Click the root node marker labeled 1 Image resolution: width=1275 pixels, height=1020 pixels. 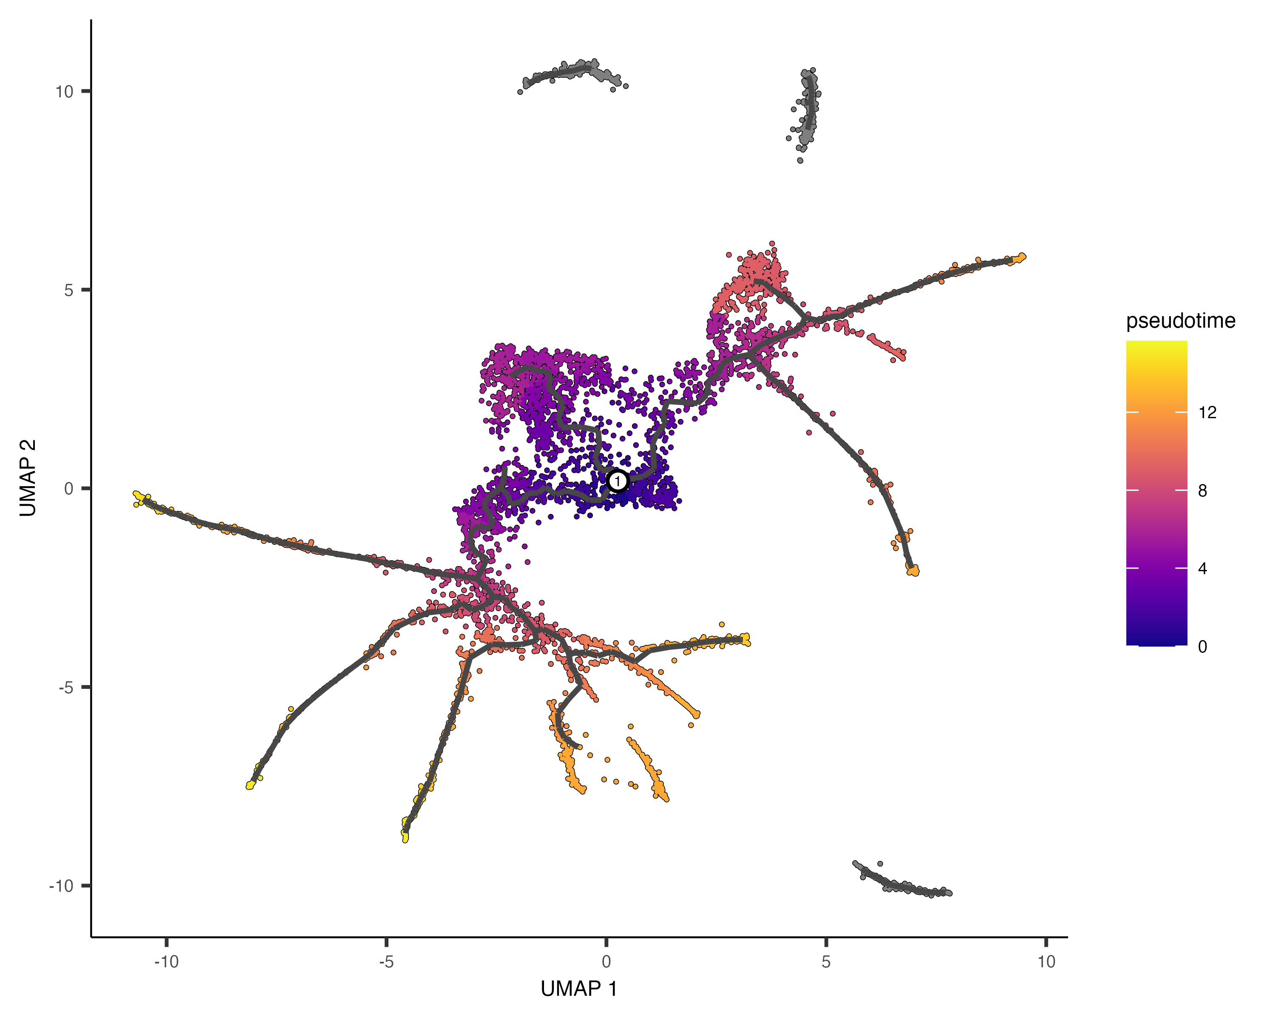pos(618,481)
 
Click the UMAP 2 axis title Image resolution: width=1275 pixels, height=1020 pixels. pos(28,478)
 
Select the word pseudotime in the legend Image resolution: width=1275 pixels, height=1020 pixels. pos(1180,320)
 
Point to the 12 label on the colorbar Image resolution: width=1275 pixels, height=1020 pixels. pos(1207,412)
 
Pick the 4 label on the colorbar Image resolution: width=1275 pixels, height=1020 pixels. pos(1202,568)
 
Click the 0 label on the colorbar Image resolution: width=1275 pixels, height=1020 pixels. pos(1202,646)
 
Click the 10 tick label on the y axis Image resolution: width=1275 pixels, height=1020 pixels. pos(64,92)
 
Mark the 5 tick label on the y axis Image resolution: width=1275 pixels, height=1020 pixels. pos(68,290)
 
